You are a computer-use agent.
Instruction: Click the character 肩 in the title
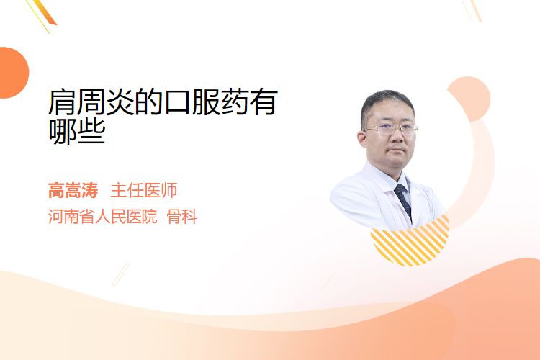(63, 102)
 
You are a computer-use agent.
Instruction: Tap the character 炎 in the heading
(120, 102)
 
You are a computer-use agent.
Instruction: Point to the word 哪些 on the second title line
(77, 131)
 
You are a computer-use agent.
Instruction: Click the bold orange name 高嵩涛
(73, 190)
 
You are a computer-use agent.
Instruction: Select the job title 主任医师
(144, 190)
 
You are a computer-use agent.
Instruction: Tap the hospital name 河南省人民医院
(103, 217)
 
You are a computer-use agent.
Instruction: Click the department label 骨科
(182, 217)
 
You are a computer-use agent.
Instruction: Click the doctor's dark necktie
(403, 201)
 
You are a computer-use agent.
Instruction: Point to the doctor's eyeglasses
(391, 130)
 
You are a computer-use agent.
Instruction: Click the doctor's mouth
(397, 150)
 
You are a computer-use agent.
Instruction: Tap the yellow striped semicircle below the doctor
(411, 242)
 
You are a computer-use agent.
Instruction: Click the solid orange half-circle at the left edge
(13, 73)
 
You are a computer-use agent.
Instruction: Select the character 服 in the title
(207, 102)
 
